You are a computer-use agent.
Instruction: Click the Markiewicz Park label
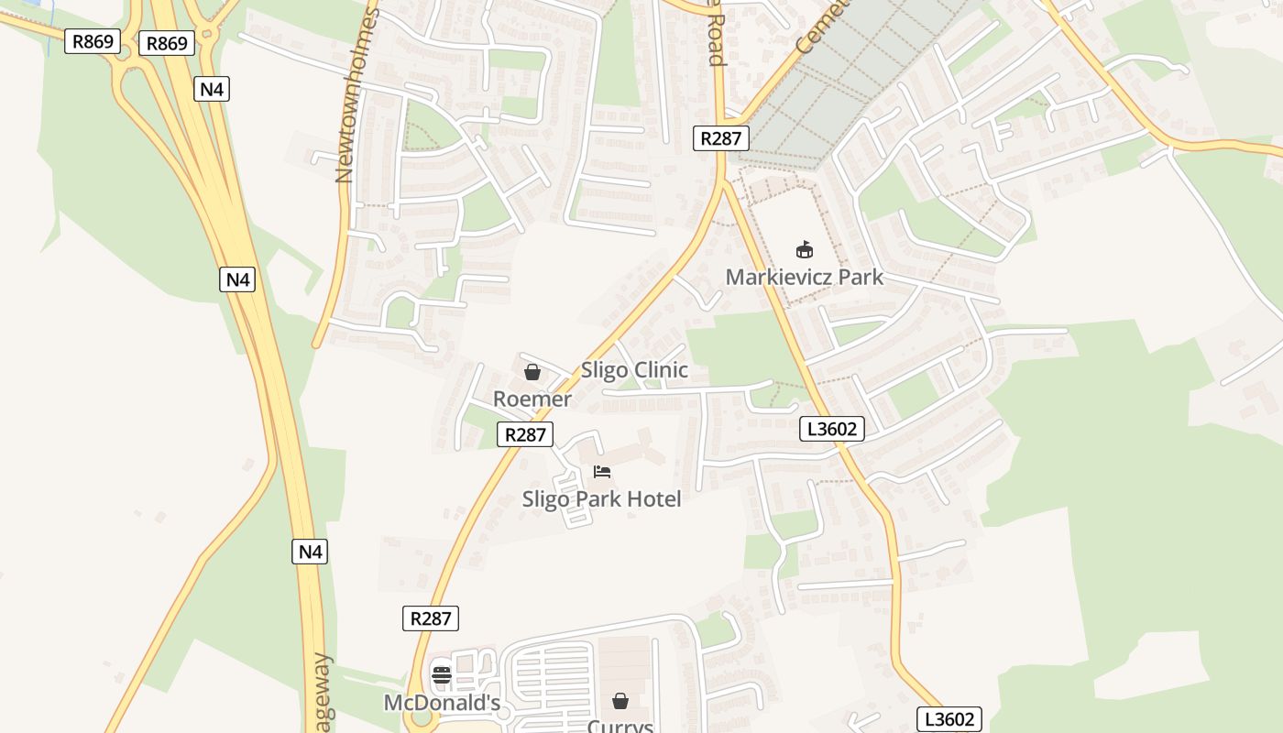coord(804,277)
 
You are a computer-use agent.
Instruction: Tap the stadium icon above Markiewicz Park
coord(804,249)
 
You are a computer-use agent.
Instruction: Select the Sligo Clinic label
coord(634,370)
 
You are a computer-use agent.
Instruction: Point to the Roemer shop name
coord(532,399)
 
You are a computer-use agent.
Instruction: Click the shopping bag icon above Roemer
coord(532,372)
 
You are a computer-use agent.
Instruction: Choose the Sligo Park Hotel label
coord(601,499)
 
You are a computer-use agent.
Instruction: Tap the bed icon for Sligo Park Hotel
coord(601,472)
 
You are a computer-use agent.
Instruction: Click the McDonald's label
coord(442,703)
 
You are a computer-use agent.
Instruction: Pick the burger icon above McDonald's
coord(442,676)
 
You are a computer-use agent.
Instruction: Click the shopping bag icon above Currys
coord(620,701)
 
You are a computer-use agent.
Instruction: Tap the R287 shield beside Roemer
coord(525,434)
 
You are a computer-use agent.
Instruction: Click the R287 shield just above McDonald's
coord(430,618)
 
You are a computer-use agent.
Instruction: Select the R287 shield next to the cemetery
coord(720,138)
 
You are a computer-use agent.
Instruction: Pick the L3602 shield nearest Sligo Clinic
coord(831,429)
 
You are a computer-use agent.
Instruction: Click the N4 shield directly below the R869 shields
coord(212,89)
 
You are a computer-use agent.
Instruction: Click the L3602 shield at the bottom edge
coord(949,719)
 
